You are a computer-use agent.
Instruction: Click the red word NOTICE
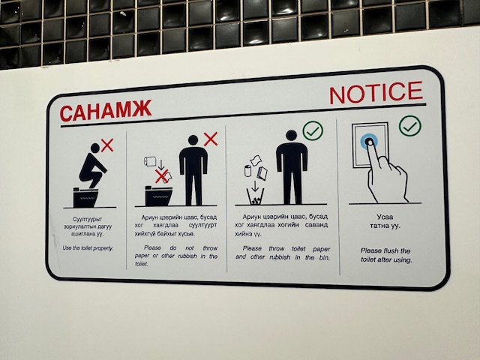(376, 92)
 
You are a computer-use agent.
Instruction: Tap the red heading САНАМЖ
(106, 110)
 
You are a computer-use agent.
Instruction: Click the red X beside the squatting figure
(107, 145)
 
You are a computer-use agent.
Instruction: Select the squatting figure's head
(95, 148)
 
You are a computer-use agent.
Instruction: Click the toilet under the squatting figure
(85, 197)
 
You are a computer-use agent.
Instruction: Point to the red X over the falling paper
(161, 176)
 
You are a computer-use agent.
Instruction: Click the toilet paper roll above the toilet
(150, 161)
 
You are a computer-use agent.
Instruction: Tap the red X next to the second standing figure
(211, 139)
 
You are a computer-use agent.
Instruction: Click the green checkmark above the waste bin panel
(313, 130)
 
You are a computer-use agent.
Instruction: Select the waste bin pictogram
(255, 196)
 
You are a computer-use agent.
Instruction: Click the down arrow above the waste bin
(255, 186)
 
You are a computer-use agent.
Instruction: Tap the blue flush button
(369, 142)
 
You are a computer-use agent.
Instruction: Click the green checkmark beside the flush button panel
(410, 126)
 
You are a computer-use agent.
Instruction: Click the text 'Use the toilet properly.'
(88, 248)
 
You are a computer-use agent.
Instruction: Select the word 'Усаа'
(385, 217)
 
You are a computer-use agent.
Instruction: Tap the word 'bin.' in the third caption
(324, 258)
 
